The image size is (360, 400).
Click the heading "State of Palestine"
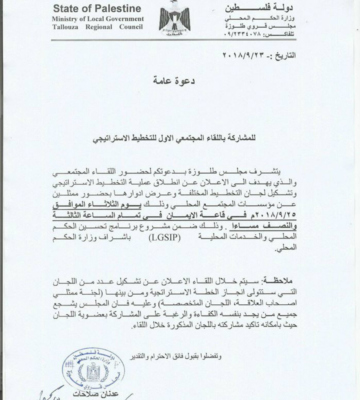(x=97, y=9)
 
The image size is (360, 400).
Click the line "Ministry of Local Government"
(x=98, y=19)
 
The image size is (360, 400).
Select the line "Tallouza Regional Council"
(x=98, y=27)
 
